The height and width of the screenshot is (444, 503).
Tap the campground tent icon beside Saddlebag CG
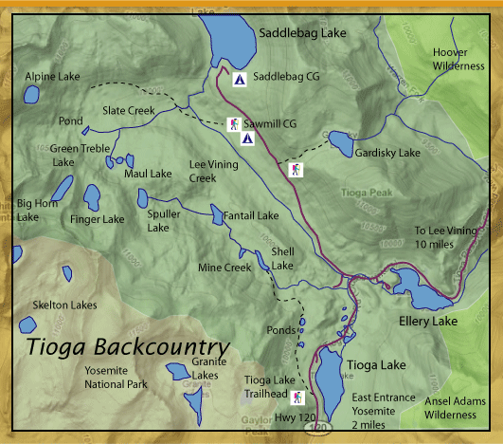[x=239, y=80]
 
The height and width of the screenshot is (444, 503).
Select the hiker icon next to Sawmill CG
[x=233, y=123]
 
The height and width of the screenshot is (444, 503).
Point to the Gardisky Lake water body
[x=339, y=143]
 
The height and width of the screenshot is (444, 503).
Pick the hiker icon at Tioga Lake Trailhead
[x=299, y=397]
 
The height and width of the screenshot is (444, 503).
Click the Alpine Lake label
[x=53, y=76]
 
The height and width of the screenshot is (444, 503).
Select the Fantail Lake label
[x=251, y=215]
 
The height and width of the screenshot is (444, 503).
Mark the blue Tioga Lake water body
[x=330, y=379]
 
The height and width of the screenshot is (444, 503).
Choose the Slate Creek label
[x=128, y=110]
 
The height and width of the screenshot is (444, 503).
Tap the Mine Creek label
[x=224, y=268]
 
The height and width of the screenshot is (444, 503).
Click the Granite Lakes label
[x=206, y=368]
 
